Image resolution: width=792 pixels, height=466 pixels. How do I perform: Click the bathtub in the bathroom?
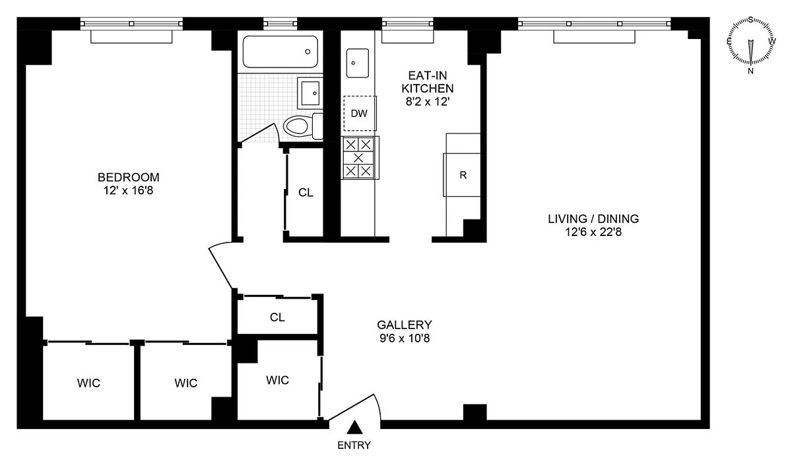click(x=280, y=52)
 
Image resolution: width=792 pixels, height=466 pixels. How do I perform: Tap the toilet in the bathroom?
click(x=303, y=126)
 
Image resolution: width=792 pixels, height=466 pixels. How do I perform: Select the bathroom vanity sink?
click(x=310, y=93)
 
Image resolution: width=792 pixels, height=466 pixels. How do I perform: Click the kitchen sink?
click(x=358, y=63)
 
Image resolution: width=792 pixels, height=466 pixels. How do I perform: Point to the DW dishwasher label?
click(x=359, y=113)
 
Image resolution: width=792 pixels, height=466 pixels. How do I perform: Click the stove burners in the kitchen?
click(x=358, y=157)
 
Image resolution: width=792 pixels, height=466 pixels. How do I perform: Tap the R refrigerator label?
click(x=463, y=175)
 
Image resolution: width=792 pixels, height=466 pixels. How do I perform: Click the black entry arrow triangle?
click(x=354, y=427)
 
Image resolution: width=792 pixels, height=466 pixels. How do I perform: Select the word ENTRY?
click(x=354, y=445)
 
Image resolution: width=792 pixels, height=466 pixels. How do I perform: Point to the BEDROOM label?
click(x=128, y=177)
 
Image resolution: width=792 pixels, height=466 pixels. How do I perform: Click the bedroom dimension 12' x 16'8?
click(x=128, y=190)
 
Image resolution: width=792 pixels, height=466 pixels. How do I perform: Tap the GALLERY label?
click(x=405, y=325)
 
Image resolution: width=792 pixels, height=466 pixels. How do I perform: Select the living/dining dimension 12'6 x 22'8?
click(x=593, y=232)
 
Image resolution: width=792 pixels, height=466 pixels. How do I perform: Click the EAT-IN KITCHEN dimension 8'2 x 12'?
click(x=428, y=102)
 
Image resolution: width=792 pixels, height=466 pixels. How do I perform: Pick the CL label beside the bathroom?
click(x=306, y=192)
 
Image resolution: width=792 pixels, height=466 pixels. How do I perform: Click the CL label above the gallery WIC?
click(x=277, y=317)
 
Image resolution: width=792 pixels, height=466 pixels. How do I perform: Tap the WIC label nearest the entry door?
click(x=278, y=380)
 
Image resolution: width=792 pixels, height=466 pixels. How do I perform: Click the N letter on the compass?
click(x=750, y=71)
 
